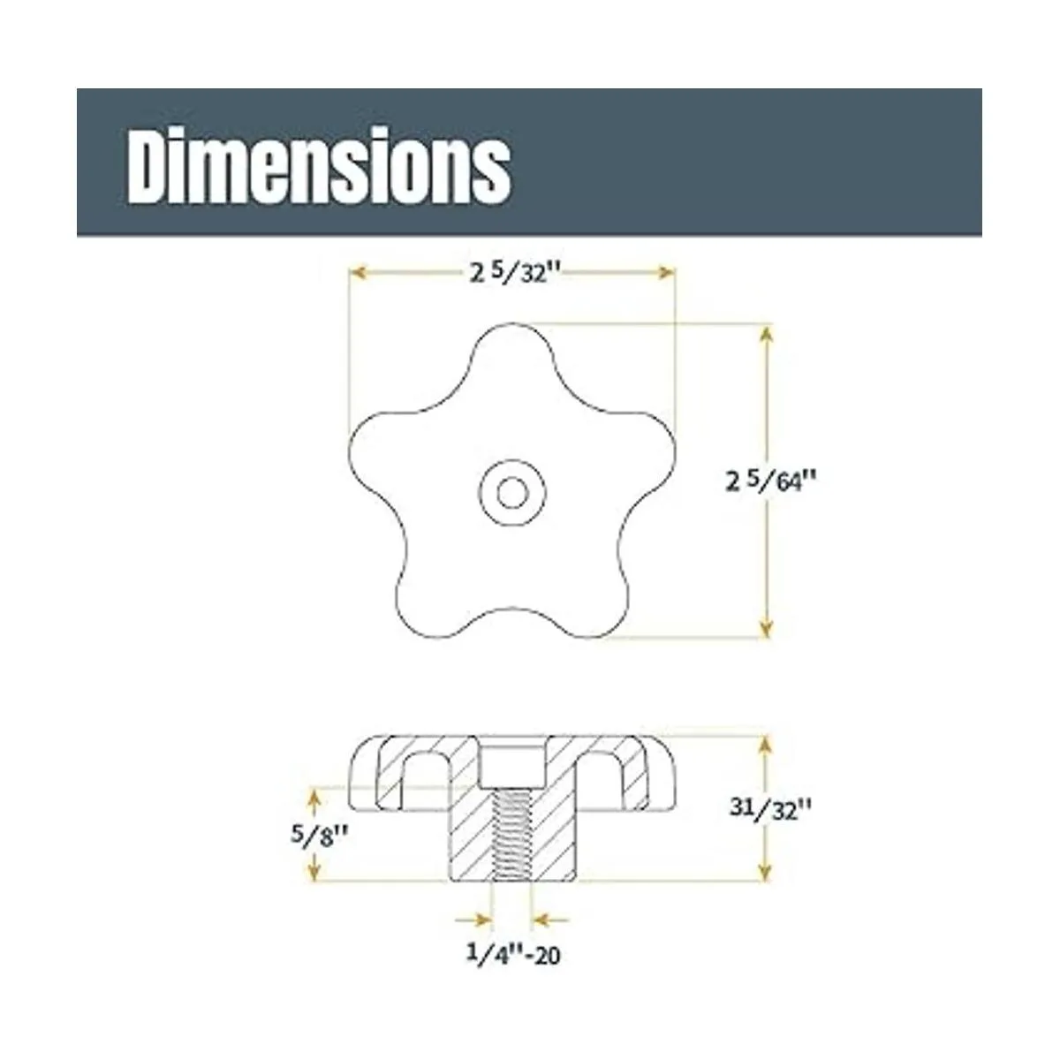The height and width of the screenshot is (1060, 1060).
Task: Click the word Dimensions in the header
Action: (x=319, y=165)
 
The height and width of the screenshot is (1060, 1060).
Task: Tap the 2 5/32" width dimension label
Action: (x=515, y=272)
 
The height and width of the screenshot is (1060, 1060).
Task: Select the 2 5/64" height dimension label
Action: (x=770, y=480)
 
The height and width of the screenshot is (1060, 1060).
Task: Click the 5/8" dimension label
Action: (x=319, y=837)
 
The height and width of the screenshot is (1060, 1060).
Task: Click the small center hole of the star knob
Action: (x=512, y=492)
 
